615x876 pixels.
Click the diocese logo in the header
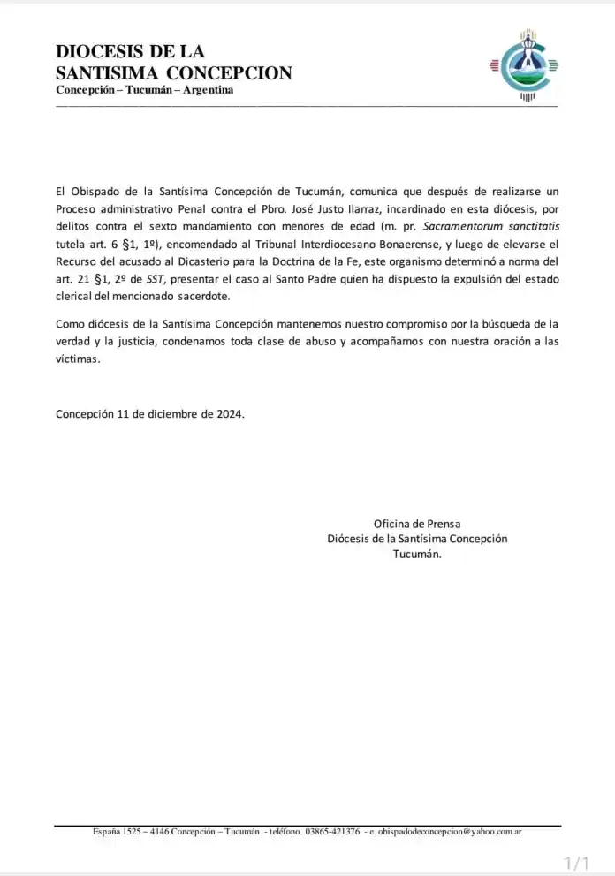[x=526, y=66]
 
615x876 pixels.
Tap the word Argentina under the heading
[x=208, y=91]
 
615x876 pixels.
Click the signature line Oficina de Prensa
[x=417, y=523]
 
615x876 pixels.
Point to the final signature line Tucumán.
[x=417, y=555]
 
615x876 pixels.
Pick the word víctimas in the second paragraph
[x=78, y=359]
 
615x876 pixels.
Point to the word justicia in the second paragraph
[x=135, y=342]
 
